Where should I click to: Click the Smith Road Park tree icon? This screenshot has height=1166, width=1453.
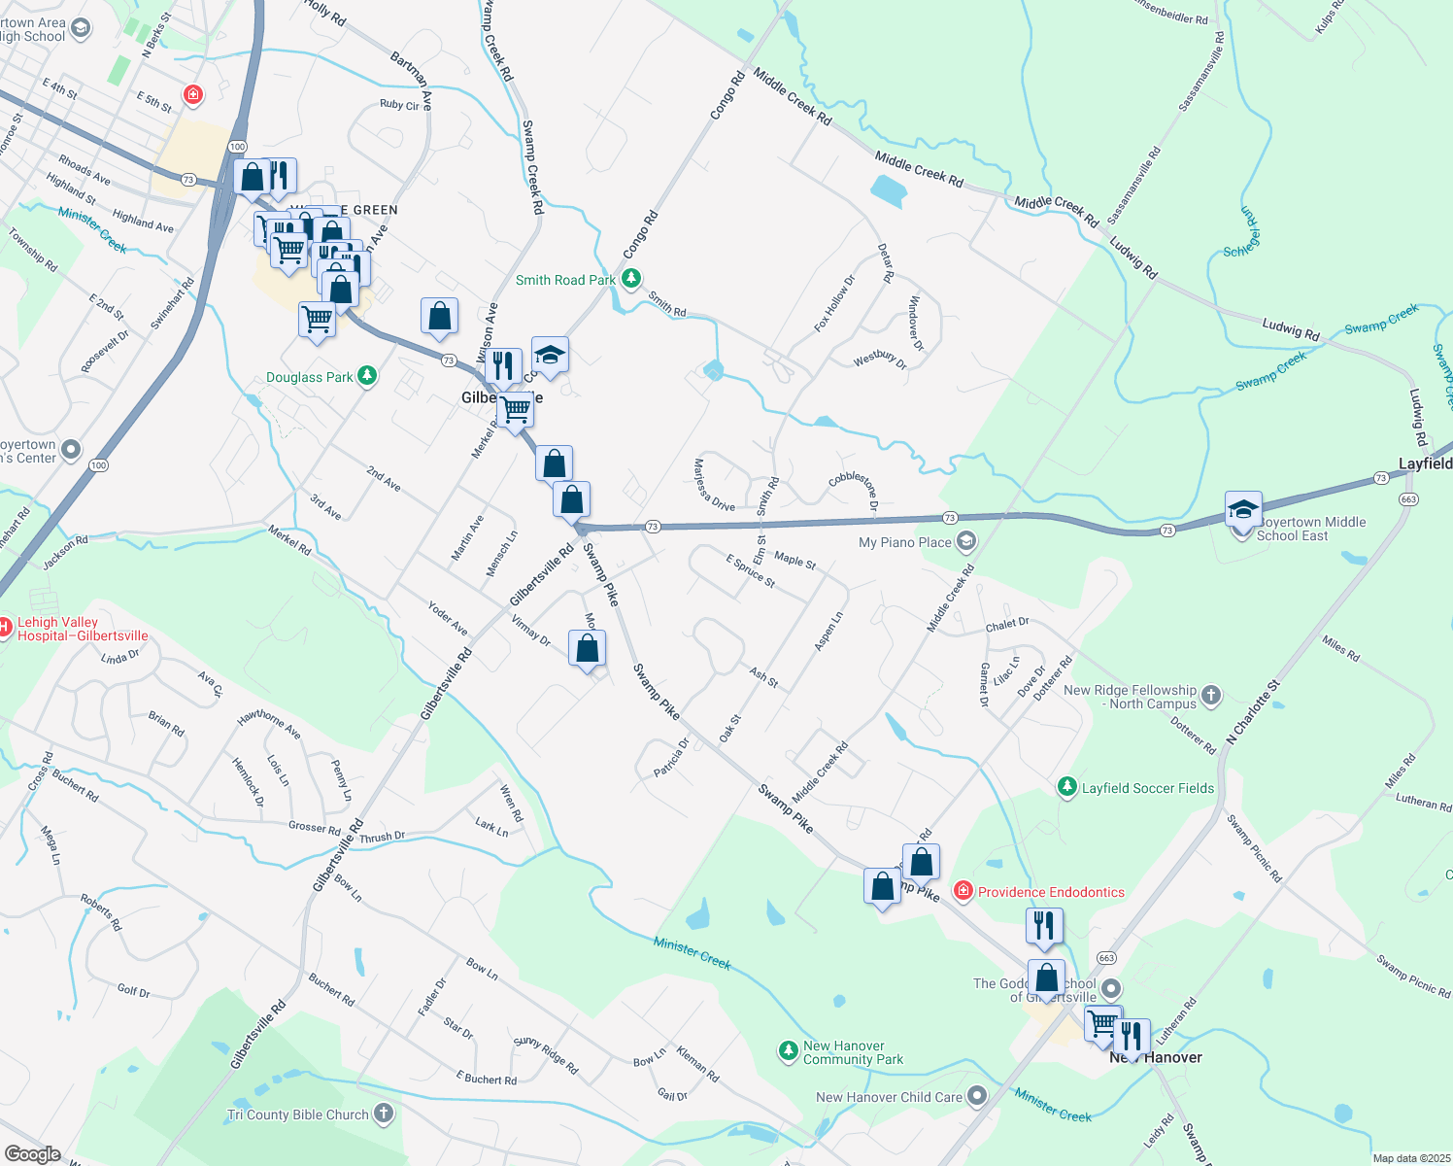tap(631, 280)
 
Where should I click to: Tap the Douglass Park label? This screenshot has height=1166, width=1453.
tap(310, 377)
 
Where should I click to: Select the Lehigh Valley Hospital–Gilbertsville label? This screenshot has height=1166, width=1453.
tap(83, 629)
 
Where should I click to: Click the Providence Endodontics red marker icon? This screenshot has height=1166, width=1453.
tap(963, 891)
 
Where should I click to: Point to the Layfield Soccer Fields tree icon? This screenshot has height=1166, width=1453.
tap(1067, 787)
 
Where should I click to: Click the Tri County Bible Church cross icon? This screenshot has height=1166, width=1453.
tap(384, 1114)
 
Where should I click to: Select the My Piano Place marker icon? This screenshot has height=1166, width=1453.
tap(966, 541)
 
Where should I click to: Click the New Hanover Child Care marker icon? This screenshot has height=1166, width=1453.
tap(977, 1096)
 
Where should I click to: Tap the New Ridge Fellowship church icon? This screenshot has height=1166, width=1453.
tap(1210, 695)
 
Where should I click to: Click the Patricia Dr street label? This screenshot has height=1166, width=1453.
tap(671, 757)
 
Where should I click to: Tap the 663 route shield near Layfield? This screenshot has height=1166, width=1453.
tap(1408, 499)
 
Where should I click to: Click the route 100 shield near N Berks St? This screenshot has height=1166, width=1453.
tap(237, 146)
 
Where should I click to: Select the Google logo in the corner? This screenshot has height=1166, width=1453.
tap(32, 1153)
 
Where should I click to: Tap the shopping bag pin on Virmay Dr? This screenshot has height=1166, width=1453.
tap(588, 649)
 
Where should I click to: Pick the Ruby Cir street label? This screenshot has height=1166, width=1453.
tap(399, 105)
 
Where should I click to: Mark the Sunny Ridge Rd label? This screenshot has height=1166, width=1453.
tap(546, 1055)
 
